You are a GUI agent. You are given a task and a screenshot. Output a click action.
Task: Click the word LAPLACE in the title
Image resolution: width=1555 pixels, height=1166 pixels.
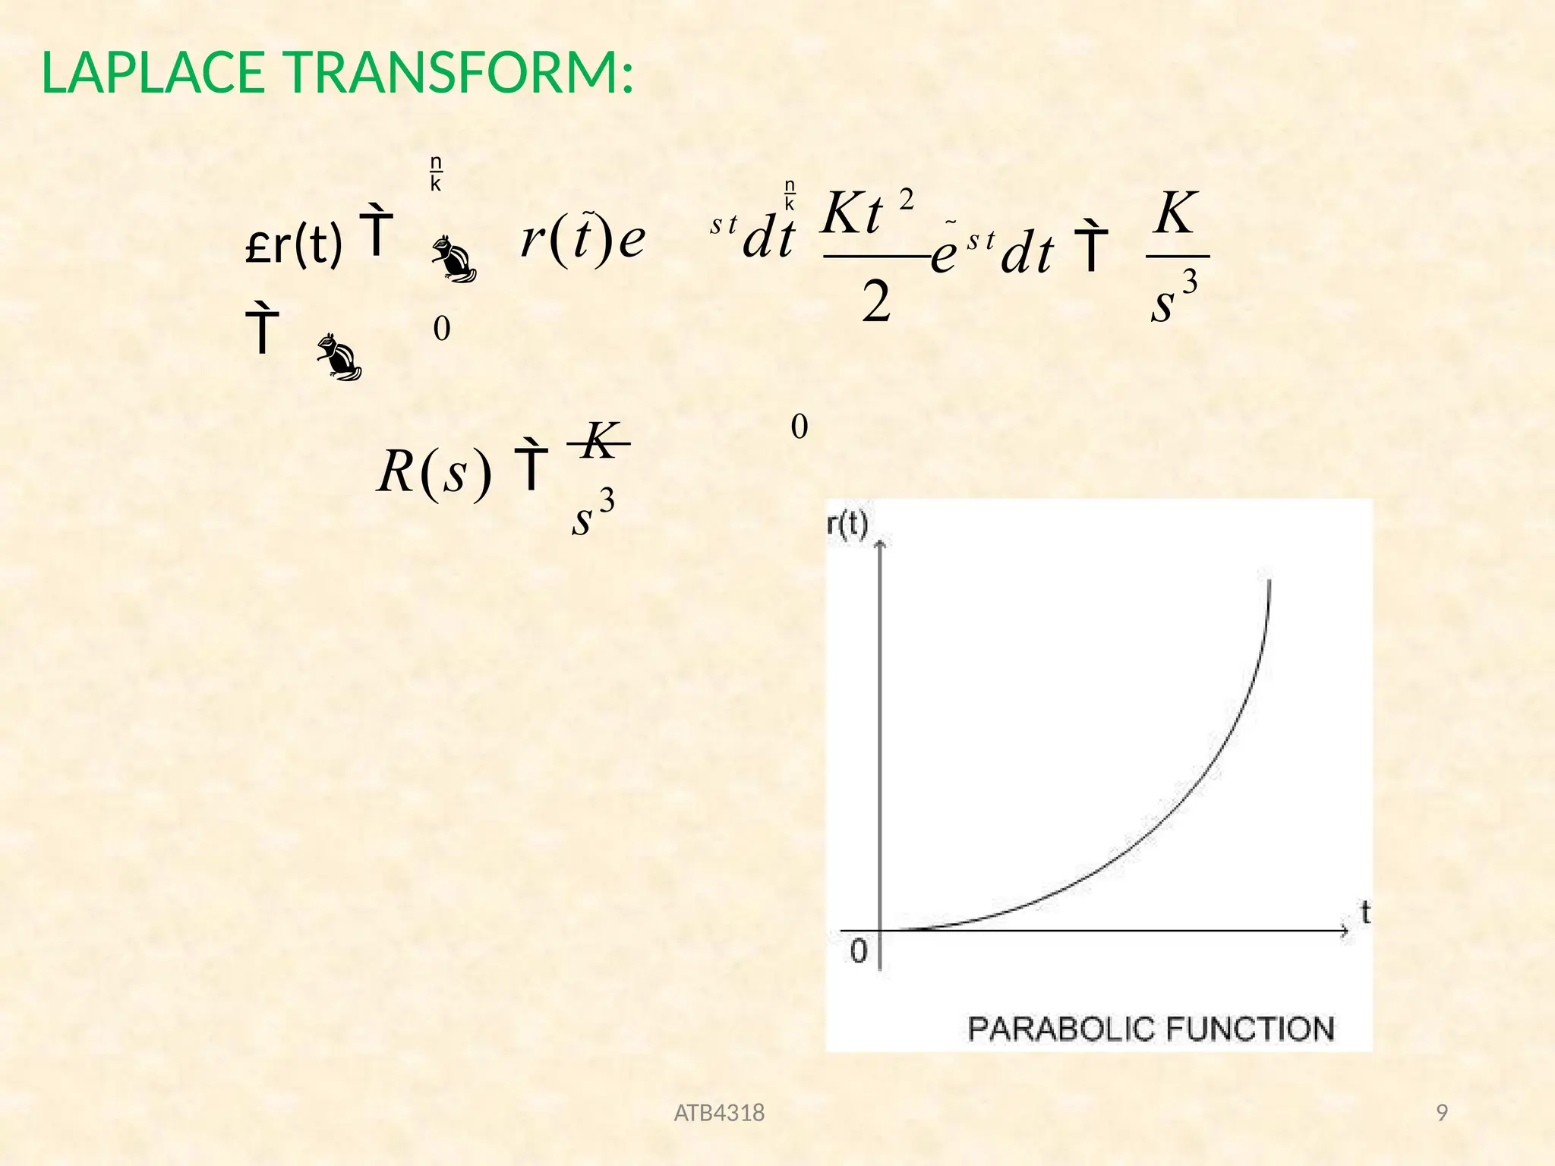click(153, 74)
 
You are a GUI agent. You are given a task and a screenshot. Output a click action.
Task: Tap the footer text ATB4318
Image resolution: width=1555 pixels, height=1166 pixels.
click(719, 1113)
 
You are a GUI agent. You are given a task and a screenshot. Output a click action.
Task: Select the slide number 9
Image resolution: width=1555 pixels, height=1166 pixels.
click(1442, 1113)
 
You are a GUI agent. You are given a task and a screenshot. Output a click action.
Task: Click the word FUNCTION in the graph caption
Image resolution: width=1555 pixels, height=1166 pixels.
click(1250, 1029)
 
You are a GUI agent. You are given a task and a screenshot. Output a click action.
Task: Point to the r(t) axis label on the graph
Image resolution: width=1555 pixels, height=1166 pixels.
click(847, 523)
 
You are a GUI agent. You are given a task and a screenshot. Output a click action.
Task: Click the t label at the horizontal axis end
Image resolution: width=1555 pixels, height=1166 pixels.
click(1365, 912)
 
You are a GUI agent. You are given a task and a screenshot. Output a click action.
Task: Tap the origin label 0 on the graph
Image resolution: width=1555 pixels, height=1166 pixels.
click(859, 950)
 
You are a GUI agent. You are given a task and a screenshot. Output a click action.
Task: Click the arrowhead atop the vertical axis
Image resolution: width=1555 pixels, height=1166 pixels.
click(881, 544)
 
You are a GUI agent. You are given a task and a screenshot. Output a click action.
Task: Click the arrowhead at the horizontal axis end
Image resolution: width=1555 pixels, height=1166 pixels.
click(1344, 931)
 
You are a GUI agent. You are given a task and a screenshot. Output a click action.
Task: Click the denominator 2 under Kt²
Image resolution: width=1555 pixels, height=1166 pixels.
click(876, 301)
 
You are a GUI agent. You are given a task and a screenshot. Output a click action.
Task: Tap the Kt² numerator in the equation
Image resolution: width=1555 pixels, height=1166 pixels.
click(866, 213)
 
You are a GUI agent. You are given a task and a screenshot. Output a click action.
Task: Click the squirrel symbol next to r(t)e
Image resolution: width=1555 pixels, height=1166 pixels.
click(454, 260)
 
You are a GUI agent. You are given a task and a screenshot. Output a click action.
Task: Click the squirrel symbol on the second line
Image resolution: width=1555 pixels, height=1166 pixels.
click(339, 356)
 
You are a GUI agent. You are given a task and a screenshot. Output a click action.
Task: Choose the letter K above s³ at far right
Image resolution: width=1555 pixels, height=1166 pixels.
click(1175, 213)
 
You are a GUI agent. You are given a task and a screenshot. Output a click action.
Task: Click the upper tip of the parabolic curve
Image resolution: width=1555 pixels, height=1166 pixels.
click(1270, 581)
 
